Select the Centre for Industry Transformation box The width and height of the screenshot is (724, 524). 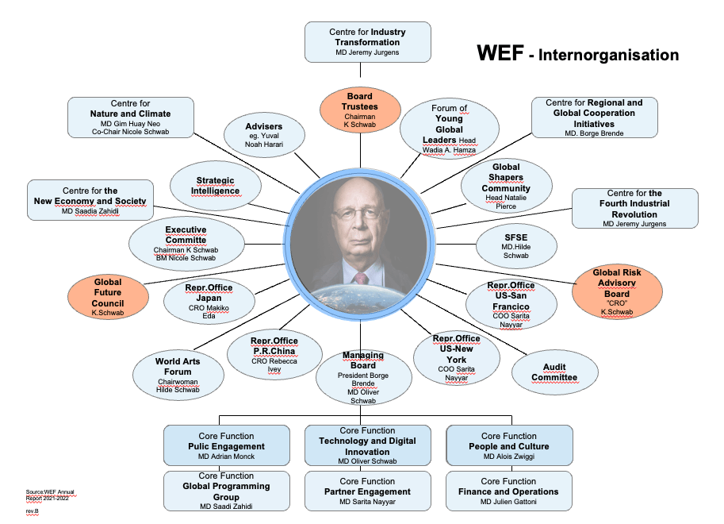pos(368,42)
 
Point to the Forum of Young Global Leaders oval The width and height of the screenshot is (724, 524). pos(450,129)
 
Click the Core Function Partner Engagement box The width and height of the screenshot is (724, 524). pos(367,491)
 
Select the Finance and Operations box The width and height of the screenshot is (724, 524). pos(508,491)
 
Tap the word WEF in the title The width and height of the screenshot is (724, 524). pos(500,53)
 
